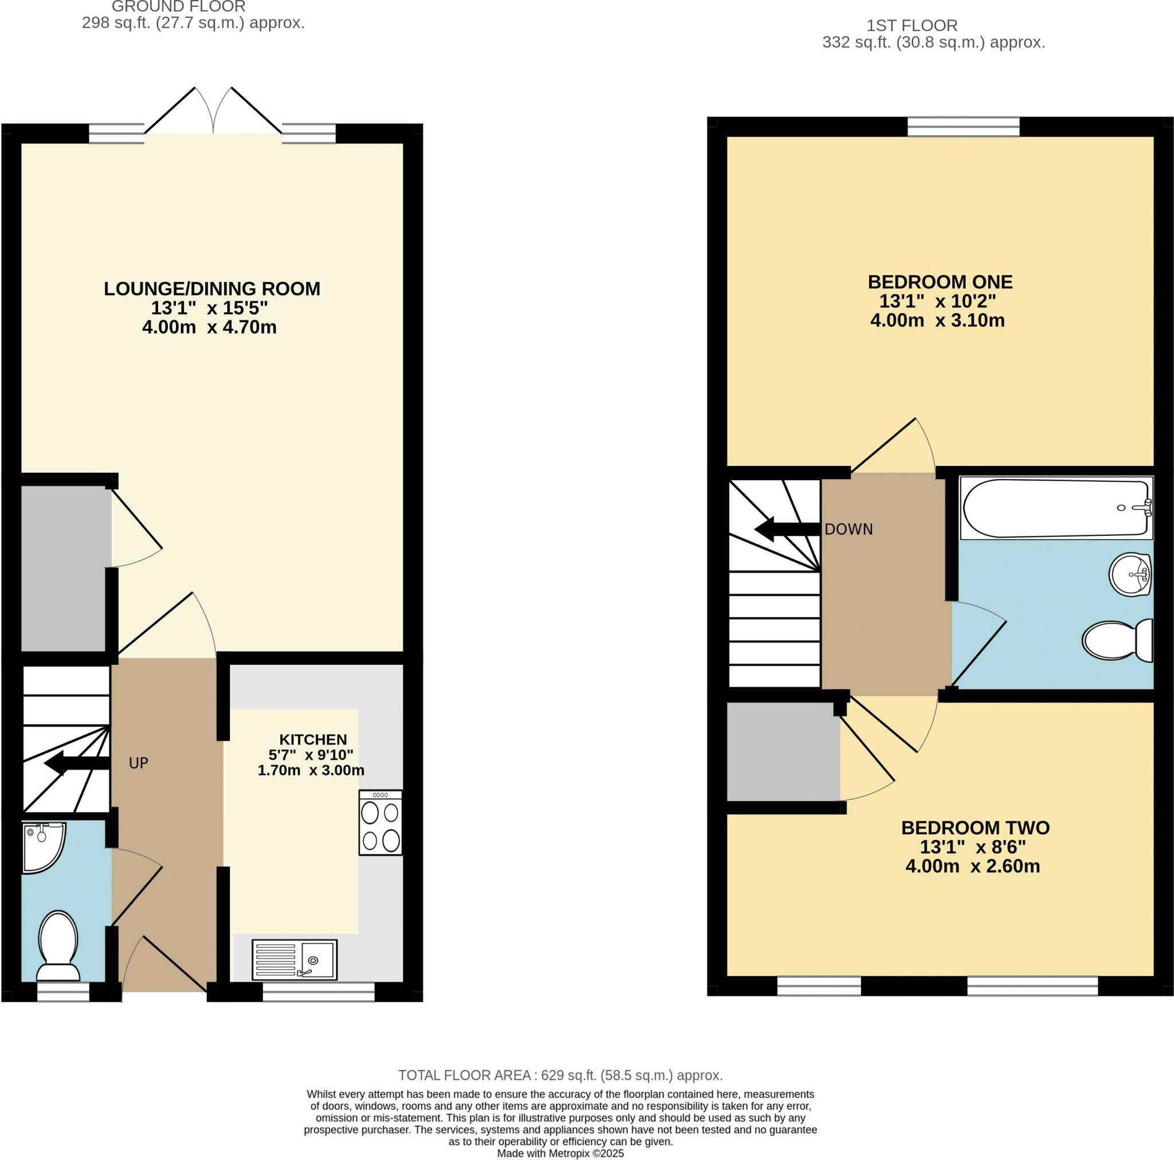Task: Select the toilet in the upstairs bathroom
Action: coord(1117,640)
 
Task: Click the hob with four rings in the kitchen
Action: coord(381,822)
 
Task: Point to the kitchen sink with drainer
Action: coord(294,959)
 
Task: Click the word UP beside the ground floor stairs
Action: coord(139,763)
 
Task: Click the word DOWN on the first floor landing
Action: coord(848,529)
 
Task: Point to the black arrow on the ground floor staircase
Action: coord(76,763)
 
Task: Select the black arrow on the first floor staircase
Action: coord(786,529)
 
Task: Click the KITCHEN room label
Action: coord(313,739)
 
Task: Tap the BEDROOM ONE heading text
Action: coord(940,282)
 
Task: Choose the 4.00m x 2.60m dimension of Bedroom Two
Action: coord(972,866)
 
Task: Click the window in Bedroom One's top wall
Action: coord(963,127)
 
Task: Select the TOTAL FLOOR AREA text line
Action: coord(560,1075)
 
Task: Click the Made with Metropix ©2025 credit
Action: coord(560,1153)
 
